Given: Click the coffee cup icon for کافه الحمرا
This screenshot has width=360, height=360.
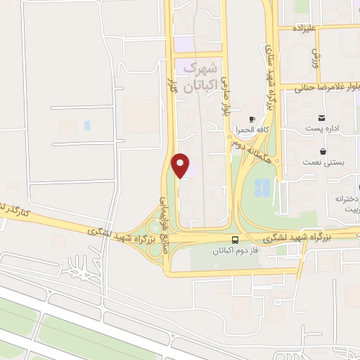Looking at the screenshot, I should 252,120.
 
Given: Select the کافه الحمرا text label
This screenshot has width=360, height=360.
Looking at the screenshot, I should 249,130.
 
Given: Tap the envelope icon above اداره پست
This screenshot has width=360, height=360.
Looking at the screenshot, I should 321,117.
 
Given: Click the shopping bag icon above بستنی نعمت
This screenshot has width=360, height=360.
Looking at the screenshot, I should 322,151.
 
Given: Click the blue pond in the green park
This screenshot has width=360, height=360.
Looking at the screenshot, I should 263,186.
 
